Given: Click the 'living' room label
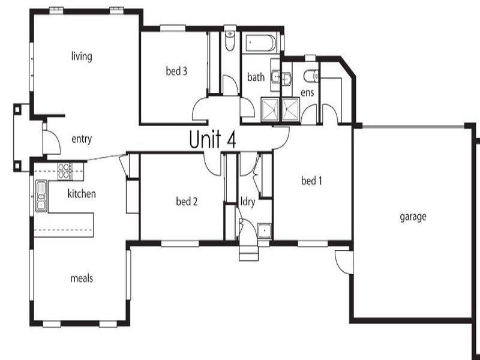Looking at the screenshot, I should click(82, 57).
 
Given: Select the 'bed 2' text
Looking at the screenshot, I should click(187, 202).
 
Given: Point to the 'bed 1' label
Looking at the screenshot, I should click(311, 180).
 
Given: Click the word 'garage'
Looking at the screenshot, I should click(412, 217).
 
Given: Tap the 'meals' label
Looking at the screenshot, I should click(82, 278).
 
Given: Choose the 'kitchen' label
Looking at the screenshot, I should click(82, 194).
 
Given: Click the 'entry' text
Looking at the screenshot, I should click(82, 140).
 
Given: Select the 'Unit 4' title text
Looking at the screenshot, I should click(213, 139).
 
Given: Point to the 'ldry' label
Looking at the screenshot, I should click(248, 202).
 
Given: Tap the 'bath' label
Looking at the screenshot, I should click(256, 77).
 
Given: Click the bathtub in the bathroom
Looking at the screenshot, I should click(260, 44).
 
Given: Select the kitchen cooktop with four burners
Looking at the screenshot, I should click(64, 171).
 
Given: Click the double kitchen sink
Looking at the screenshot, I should click(41, 196).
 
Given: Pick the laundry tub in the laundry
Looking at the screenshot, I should click(263, 230).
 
